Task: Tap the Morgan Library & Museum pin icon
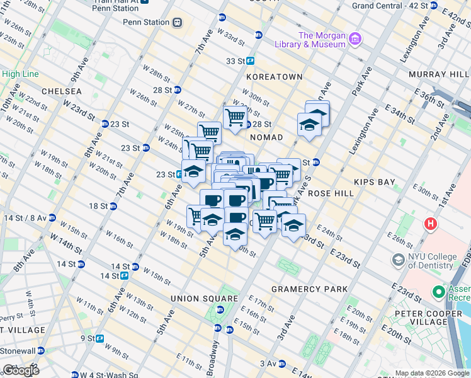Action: pos(355,40)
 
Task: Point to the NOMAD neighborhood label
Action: pos(266,137)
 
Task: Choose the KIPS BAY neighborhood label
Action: pos(374,182)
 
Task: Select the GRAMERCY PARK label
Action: pos(309,289)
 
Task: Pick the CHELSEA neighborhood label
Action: pos(62,91)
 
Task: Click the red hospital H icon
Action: pos(431,223)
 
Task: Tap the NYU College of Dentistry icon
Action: pos(398,260)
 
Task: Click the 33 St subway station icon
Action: pos(250,61)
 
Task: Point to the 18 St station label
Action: pos(98,206)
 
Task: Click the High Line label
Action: pos(20,74)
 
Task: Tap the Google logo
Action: pos(21,370)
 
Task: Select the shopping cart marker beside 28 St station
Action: pos(235,117)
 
